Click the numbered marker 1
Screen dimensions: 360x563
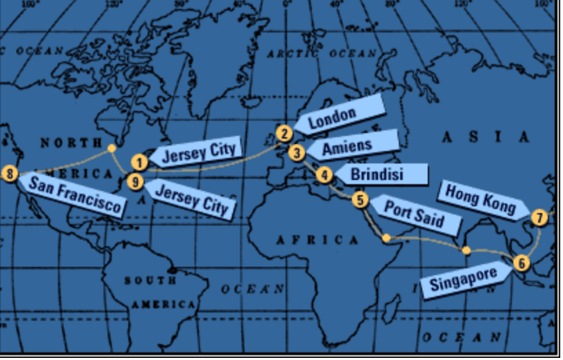click(139, 163)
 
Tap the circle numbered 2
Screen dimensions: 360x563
click(284, 134)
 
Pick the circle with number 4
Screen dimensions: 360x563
click(324, 175)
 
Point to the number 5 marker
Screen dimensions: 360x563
click(360, 200)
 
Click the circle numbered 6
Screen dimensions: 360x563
click(522, 262)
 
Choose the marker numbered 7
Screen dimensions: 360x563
click(540, 218)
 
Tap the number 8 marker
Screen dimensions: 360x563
click(10, 173)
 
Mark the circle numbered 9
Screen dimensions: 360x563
click(136, 182)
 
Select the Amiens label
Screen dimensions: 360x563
click(350, 146)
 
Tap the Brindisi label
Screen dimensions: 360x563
click(379, 174)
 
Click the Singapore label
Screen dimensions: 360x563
click(464, 280)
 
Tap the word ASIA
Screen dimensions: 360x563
click(486, 137)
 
